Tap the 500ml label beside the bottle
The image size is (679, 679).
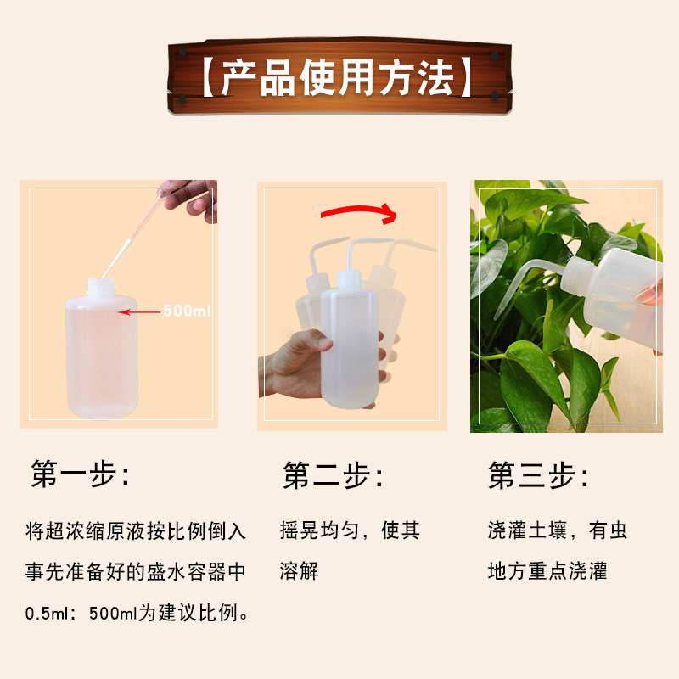pyautogui.click(x=187, y=311)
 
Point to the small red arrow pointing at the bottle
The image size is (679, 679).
pyautogui.click(x=139, y=311)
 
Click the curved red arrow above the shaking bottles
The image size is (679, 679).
pyautogui.click(x=358, y=211)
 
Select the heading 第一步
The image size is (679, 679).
pyautogui.click(x=81, y=474)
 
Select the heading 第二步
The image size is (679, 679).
pyautogui.click(x=333, y=475)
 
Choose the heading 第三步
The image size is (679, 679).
pyautogui.click(x=538, y=475)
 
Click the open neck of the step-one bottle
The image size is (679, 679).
pyautogui.click(x=100, y=287)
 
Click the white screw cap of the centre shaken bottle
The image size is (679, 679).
pyautogui.click(x=349, y=279)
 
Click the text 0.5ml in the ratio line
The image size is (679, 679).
pyautogui.click(x=47, y=613)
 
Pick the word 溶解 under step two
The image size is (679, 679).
pyautogui.click(x=299, y=571)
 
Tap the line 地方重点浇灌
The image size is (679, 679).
pyautogui.click(x=547, y=571)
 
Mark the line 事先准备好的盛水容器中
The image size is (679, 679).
pyautogui.click(x=136, y=571)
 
